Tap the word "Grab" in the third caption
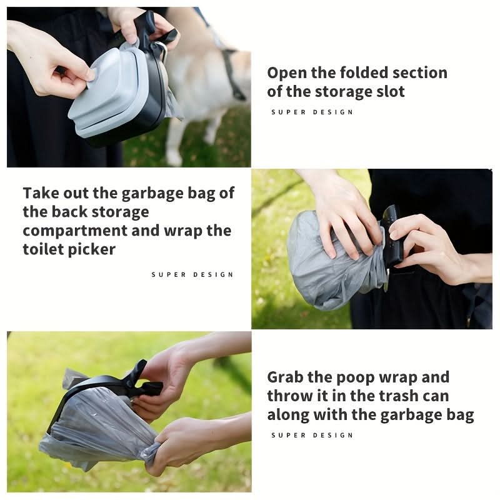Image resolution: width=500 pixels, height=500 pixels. (285, 377)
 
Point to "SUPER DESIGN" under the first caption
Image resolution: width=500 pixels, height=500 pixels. (312, 112)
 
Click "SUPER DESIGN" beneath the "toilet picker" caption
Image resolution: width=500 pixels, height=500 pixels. (192, 274)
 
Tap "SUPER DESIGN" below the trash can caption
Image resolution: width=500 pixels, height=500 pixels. (312, 435)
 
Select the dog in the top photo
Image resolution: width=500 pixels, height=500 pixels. (204, 92)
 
